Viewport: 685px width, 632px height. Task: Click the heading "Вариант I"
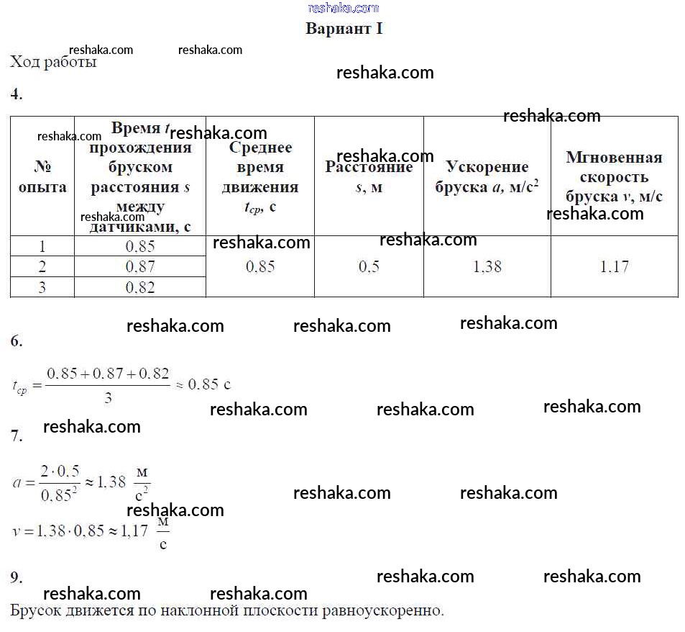click(x=344, y=29)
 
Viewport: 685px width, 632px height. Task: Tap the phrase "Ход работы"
click(x=53, y=62)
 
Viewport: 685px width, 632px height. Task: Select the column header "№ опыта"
click(x=42, y=177)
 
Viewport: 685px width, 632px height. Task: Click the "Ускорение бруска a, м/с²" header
click(x=487, y=177)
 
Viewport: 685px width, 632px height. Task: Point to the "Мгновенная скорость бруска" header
click(x=614, y=177)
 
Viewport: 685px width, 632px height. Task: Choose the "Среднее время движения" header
click(x=259, y=177)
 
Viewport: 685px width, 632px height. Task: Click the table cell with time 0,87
click(x=140, y=267)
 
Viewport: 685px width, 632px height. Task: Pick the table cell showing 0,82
click(x=140, y=288)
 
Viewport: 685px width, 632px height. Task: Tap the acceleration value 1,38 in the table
click(x=487, y=267)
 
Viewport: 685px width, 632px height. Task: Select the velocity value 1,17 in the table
click(x=614, y=267)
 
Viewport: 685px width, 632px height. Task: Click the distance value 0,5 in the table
click(x=369, y=267)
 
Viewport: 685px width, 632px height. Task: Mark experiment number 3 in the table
click(x=42, y=288)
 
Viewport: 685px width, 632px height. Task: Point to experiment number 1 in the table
click(x=42, y=246)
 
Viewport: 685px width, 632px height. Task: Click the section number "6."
click(x=17, y=342)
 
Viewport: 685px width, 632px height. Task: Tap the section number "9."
click(x=17, y=577)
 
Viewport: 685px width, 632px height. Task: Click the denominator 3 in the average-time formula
click(x=108, y=397)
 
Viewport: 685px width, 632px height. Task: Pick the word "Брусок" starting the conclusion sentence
click(x=35, y=612)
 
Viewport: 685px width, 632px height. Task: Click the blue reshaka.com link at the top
click(x=344, y=8)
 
